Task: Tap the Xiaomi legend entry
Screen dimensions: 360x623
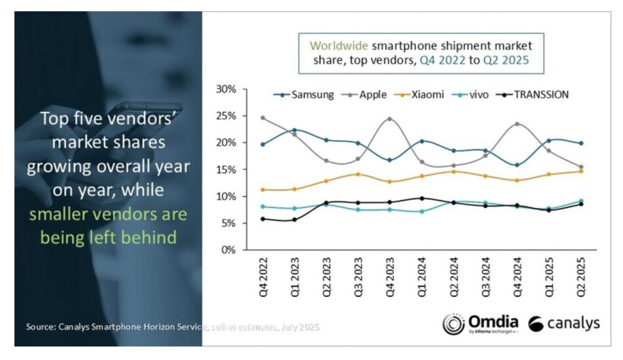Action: pyautogui.click(x=426, y=95)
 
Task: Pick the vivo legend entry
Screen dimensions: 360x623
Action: pyautogui.click(x=478, y=95)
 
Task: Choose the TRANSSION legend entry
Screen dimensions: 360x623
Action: pyautogui.click(x=536, y=95)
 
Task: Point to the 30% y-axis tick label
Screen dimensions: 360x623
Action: pyautogui.click(x=226, y=89)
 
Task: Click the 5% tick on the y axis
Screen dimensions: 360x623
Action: pyautogui.click(x=229, y=224)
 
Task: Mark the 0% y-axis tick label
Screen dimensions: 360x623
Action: pyautogui.click(x=229, y=250)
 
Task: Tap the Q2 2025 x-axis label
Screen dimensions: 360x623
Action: pyautogui.click(x=580, y=277)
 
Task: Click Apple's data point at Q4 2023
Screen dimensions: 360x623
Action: pyautogui.click(x=389, y=119)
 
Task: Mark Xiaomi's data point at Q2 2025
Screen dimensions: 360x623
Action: pyautogui.click(x=580, y=171)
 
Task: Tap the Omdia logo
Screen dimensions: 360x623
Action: pyautogui.click(x=480, y=323)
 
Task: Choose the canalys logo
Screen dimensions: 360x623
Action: pyautogui.click(x=564, y=323)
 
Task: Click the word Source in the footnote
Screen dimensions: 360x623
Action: pyautogui.click(x=41, y=326)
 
